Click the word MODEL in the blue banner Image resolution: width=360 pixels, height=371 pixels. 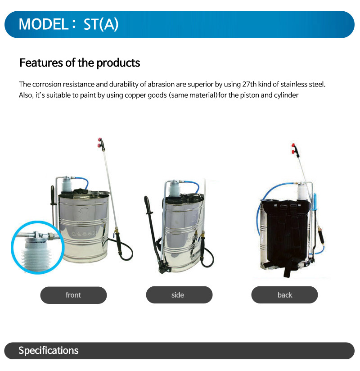44,24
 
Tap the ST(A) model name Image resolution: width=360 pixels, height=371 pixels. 101,24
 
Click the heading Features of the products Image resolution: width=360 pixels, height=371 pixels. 80,63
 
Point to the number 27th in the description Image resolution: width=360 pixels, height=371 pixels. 249,84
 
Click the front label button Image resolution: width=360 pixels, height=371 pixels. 73,295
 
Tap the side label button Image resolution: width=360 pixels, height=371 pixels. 179,295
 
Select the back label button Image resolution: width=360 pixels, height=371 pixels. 284,295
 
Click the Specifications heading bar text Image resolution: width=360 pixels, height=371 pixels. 48,350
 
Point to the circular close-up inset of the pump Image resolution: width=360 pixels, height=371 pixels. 37,247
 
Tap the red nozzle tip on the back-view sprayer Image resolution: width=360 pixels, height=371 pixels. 293,148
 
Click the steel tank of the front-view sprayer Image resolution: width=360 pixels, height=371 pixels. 84,227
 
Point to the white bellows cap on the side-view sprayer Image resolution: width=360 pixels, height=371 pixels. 174,189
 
